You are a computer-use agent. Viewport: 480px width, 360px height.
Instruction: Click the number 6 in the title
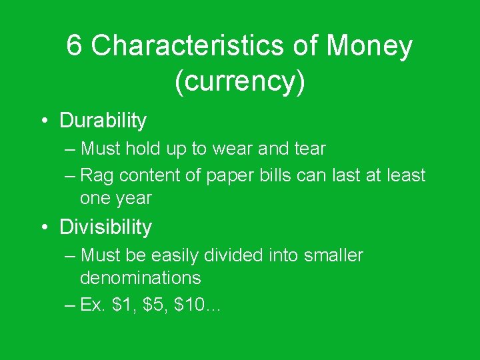coord(75,47)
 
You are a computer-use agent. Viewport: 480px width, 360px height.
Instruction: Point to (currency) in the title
coord(240,81)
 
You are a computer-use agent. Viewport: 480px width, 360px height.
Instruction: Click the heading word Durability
coord(103,121)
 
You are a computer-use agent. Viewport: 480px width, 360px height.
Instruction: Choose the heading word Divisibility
coord(105,227)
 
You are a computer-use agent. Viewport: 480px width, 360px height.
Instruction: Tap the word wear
coord(230,149)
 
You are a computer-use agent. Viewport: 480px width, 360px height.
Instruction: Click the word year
coord(133,199)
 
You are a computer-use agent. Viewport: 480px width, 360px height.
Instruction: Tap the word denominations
coord(140,277)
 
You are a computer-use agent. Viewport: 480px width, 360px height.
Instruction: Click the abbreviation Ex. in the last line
coord(92,305)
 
